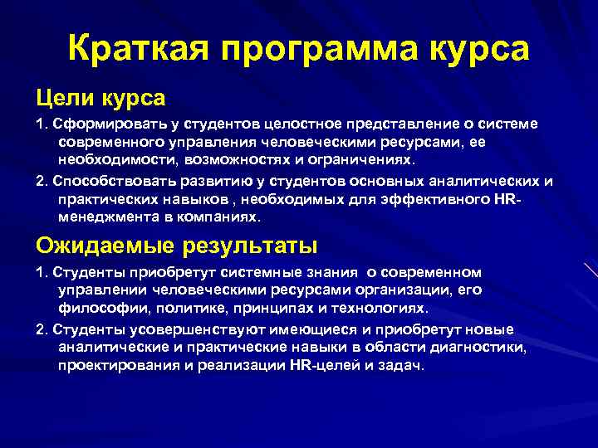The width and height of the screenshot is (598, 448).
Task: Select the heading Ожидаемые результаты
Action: [x=176, y=245]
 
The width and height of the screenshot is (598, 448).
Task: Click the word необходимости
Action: [x=107, y=158]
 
